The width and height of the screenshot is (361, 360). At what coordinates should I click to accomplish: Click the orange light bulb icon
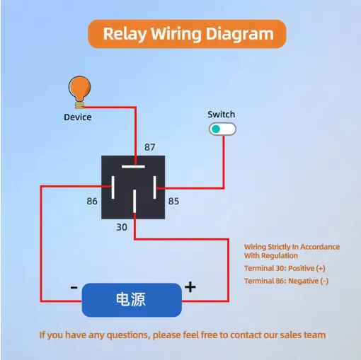tap(79, 92)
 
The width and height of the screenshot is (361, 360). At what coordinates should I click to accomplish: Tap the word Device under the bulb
tap(78, 117)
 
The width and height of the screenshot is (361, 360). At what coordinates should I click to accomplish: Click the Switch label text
tap(222, 115)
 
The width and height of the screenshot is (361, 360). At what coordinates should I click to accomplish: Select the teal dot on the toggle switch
tap(216, 129)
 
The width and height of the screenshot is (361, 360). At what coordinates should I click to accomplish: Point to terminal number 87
tap(150, 147)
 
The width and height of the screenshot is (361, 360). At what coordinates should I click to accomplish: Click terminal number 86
tap(92, 202)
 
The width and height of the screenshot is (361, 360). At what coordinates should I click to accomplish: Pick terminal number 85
tap(173, 202)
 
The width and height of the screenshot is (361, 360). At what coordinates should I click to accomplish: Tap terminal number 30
tap(122, 227)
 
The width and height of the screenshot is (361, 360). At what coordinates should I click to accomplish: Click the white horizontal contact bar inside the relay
tap(133, 167)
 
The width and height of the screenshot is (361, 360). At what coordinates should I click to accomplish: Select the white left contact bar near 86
tap(113, 187)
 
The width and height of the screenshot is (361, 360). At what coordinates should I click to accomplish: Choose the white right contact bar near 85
tap(155, 187)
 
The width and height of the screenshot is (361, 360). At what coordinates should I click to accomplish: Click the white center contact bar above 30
tap(134, 202)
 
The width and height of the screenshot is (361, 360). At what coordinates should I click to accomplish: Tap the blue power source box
tap(132, 300)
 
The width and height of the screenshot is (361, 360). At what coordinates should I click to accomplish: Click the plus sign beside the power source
tap(190, 287)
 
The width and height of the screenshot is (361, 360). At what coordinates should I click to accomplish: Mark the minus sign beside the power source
tap(74, 287)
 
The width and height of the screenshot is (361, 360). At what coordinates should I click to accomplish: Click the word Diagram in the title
tap(240, 34)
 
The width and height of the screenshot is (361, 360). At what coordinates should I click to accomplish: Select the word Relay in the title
tap(125, 34)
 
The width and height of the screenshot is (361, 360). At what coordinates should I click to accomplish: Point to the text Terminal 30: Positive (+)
tap(285, 268)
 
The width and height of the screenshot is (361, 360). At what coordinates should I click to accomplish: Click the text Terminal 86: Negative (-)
tap(286, 281)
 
